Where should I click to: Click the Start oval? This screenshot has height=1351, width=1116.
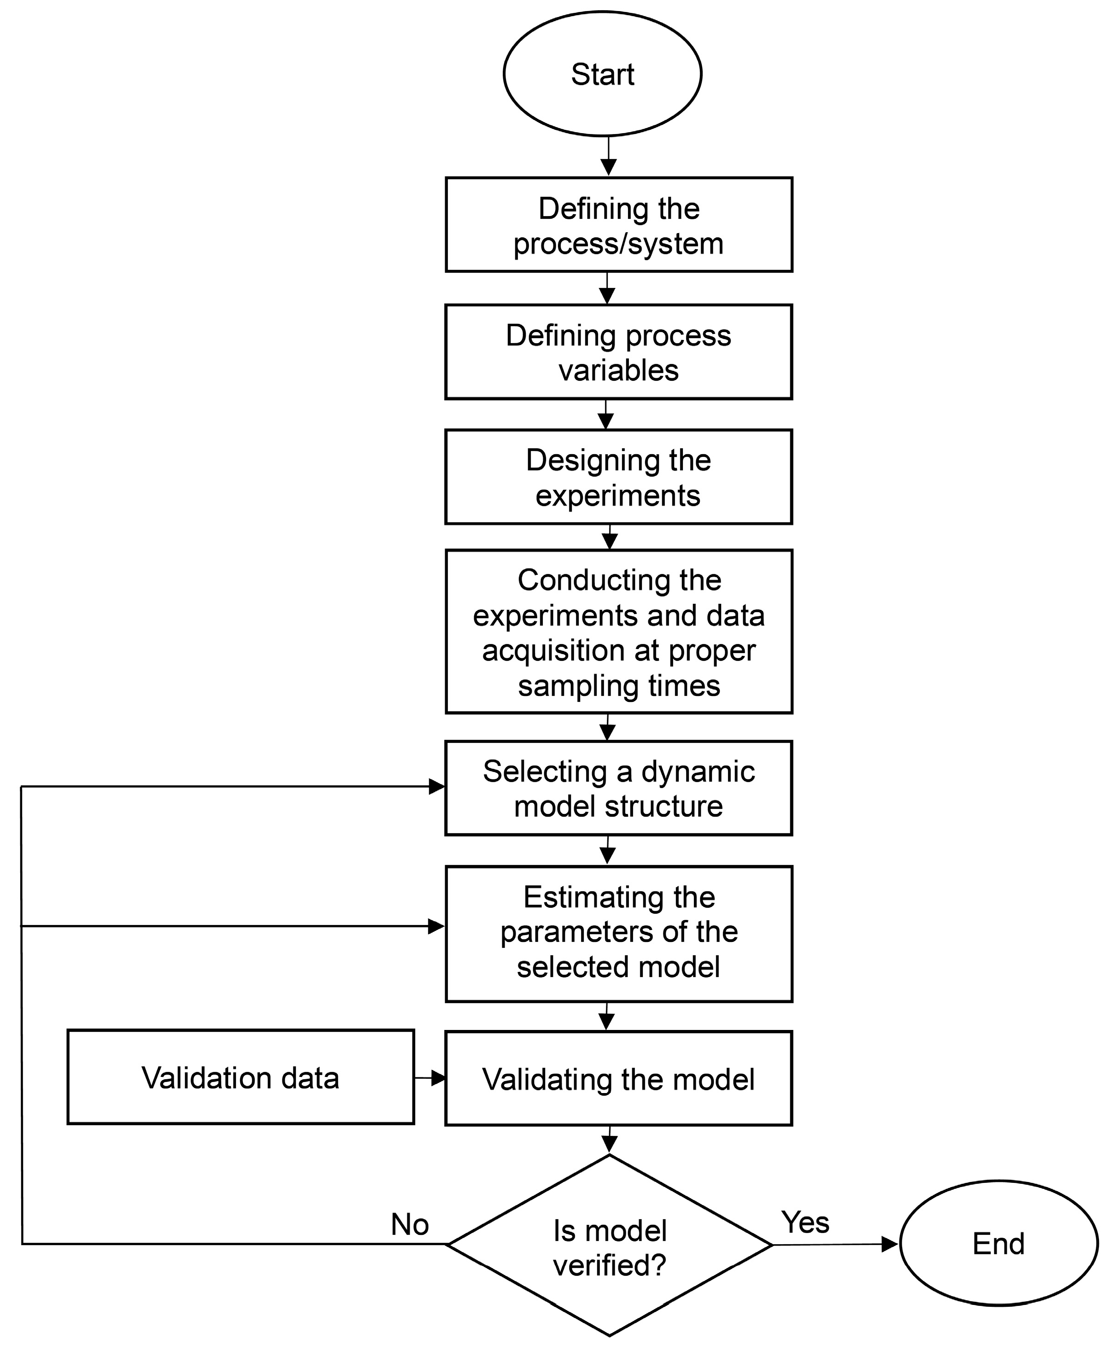point(602,73)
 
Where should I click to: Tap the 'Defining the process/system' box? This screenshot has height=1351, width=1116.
point(618,225)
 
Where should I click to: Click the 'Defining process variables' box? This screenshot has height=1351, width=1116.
point(618,352)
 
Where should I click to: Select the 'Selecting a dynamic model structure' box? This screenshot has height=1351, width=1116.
point(618,788)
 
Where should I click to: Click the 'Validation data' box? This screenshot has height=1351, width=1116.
point(241,1078)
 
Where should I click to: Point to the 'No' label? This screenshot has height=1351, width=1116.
point(410,1224)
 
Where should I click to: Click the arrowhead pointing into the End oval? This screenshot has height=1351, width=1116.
point(890,1244)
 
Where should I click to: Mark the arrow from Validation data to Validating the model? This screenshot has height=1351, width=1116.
point(430,1078)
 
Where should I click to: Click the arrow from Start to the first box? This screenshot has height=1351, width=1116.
point(608,158)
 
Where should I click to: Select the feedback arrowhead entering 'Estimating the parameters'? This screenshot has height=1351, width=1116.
point(436,926)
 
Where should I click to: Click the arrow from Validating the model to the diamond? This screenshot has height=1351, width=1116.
point(609,1141)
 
